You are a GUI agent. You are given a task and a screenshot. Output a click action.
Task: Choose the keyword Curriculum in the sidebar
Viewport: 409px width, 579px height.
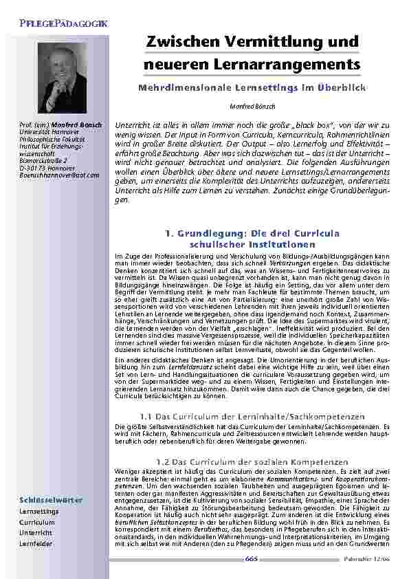(x=37, y=522)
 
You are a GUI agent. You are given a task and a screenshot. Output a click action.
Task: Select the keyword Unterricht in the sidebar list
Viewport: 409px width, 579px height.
(x=36, y=532)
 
